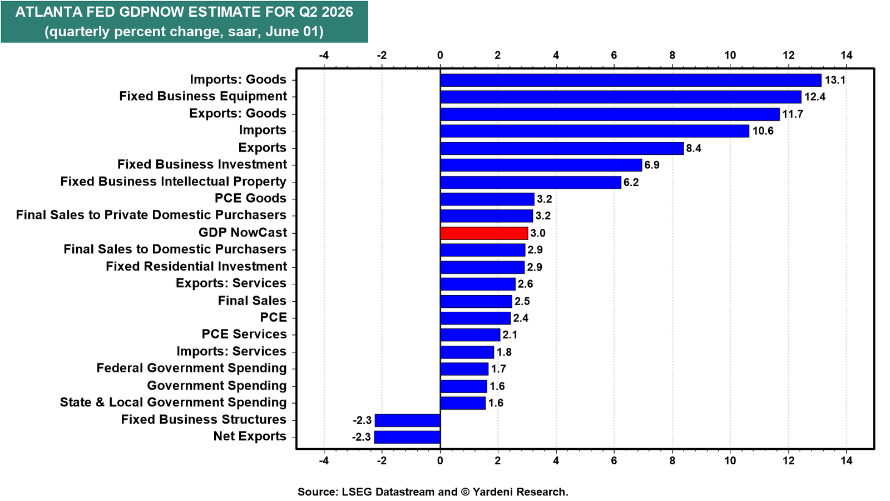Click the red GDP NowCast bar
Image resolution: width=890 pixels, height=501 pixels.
click(x=484, y=233)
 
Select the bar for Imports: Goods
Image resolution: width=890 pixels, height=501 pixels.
click(x=631, y=80)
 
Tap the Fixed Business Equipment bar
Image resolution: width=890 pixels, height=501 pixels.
click(x=621, y=97)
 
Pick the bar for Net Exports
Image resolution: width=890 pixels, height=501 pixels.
click(x=407, y=438)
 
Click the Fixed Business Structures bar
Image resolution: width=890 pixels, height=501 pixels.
click(x=408, y=420)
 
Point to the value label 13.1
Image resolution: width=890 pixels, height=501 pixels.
click(x=835, y=80)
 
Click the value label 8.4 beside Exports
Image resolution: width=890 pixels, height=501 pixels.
click(x=694, y=148)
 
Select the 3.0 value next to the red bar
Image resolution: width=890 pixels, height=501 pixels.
click(x=538, y=233)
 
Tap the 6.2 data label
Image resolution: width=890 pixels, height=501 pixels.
click(x=631, y=183)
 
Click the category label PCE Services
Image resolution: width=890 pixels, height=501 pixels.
click(x=244, y=335)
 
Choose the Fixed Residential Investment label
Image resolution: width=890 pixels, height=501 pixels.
click(x=196, y=267)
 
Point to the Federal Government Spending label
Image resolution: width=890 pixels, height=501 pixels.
click(x=191, y=368)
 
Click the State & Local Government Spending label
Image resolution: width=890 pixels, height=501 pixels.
click(x=173, y=402)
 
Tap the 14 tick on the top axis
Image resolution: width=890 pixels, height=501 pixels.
click(x=847, y=55)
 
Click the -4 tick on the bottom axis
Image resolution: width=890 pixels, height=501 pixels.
click(x=324, y=460)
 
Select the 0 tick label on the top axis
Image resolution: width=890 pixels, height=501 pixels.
click(x=440, y=55)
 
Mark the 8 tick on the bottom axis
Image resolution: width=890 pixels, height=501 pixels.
click(x=673, y=460)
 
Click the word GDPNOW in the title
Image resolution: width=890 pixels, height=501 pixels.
click(x=151, y=12)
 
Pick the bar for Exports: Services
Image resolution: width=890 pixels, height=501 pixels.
click(x=478, y=284)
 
